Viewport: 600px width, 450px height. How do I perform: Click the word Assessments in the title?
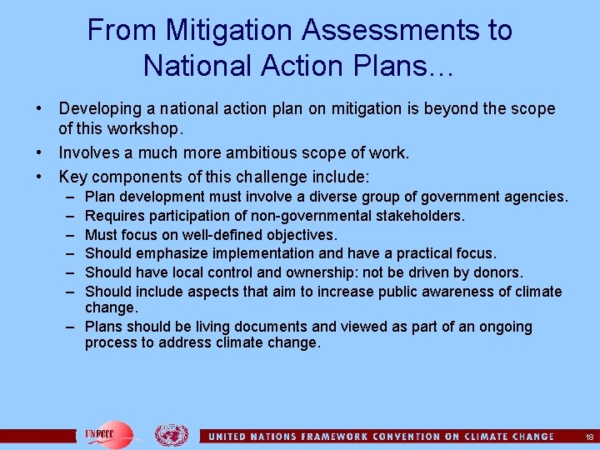coord(390,31)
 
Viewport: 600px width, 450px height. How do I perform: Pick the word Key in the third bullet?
coord(72,177)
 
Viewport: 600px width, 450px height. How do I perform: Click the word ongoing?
coord(502,327)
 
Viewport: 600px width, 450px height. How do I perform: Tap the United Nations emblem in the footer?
coord(172,434)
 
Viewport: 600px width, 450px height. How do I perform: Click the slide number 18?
coord(589,436)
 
